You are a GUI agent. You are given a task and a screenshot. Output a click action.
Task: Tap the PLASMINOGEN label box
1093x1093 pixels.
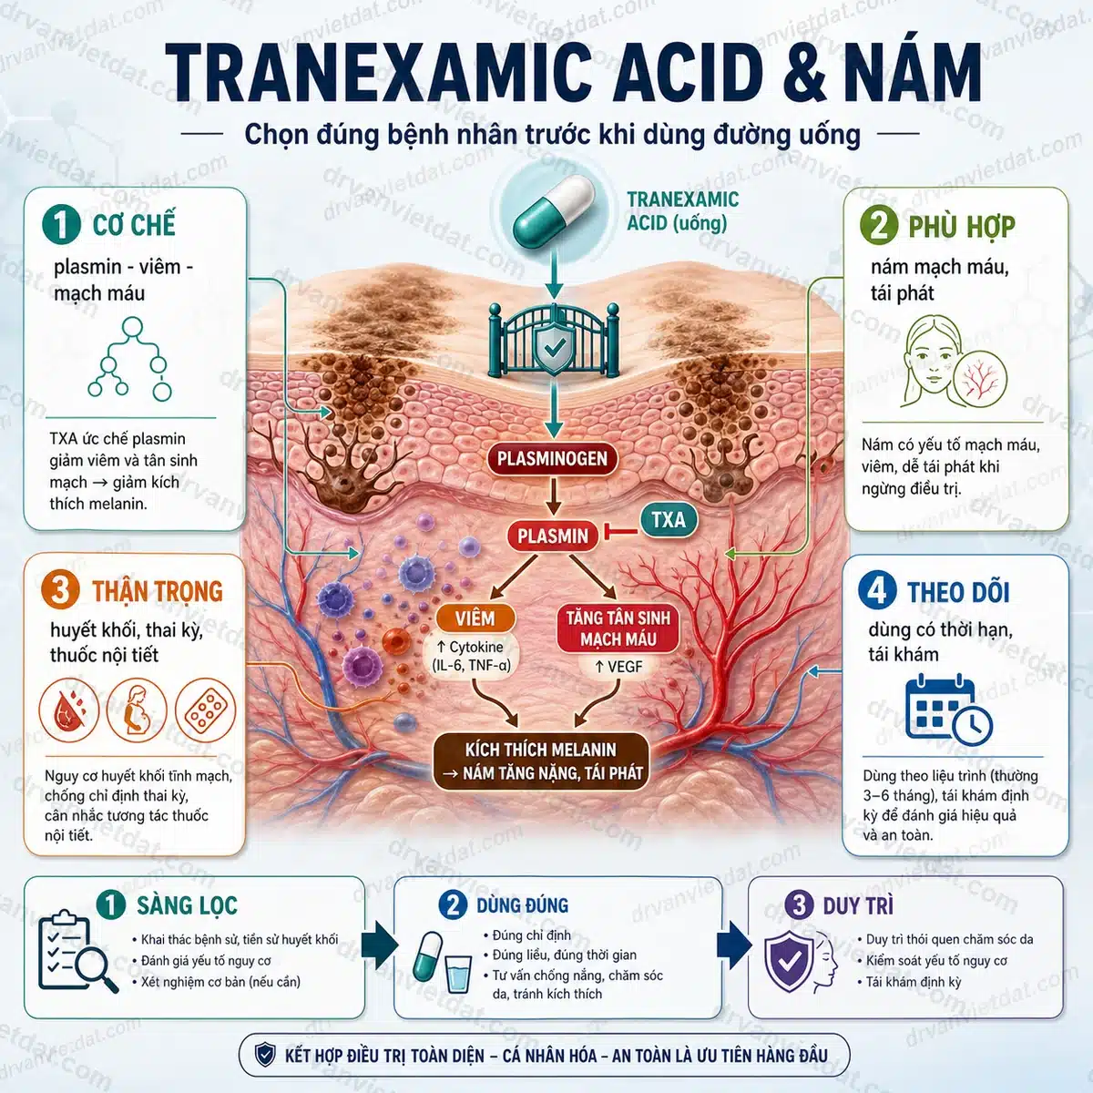tap(552, 458)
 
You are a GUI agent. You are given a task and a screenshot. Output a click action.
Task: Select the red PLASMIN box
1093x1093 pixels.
tap(553, 536)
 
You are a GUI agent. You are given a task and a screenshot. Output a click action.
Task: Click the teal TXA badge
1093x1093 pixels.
tap(669, 519)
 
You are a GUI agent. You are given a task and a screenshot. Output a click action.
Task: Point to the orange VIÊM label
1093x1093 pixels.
tap(475, 618)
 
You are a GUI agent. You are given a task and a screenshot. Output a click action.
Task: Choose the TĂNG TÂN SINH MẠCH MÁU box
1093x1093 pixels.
tap(618, 628)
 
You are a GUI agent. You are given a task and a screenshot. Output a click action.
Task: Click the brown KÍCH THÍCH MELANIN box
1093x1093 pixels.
tap(541, 761)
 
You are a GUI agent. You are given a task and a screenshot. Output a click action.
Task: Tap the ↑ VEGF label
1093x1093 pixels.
tap(618, 667)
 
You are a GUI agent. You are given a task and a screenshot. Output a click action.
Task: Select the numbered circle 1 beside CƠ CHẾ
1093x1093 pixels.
tap(61, 225)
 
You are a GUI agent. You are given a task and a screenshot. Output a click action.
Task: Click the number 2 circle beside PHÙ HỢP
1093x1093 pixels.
tap(879, 225)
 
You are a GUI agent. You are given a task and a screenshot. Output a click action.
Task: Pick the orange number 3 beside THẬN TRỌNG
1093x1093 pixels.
tap(60, 590)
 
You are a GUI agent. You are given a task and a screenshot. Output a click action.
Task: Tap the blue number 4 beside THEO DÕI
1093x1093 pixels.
tap(877, 590)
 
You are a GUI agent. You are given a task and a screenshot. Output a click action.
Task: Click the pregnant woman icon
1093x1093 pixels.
tap(137, 710)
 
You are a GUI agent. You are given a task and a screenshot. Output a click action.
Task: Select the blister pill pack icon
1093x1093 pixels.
tap(205, 710)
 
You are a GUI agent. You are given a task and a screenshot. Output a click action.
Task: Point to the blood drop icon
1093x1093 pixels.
tap(68, 710)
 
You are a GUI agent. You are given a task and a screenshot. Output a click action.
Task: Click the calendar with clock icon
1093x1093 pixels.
tap(948, 710)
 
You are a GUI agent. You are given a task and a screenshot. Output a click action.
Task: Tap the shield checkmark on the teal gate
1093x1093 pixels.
tap(554, 347)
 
